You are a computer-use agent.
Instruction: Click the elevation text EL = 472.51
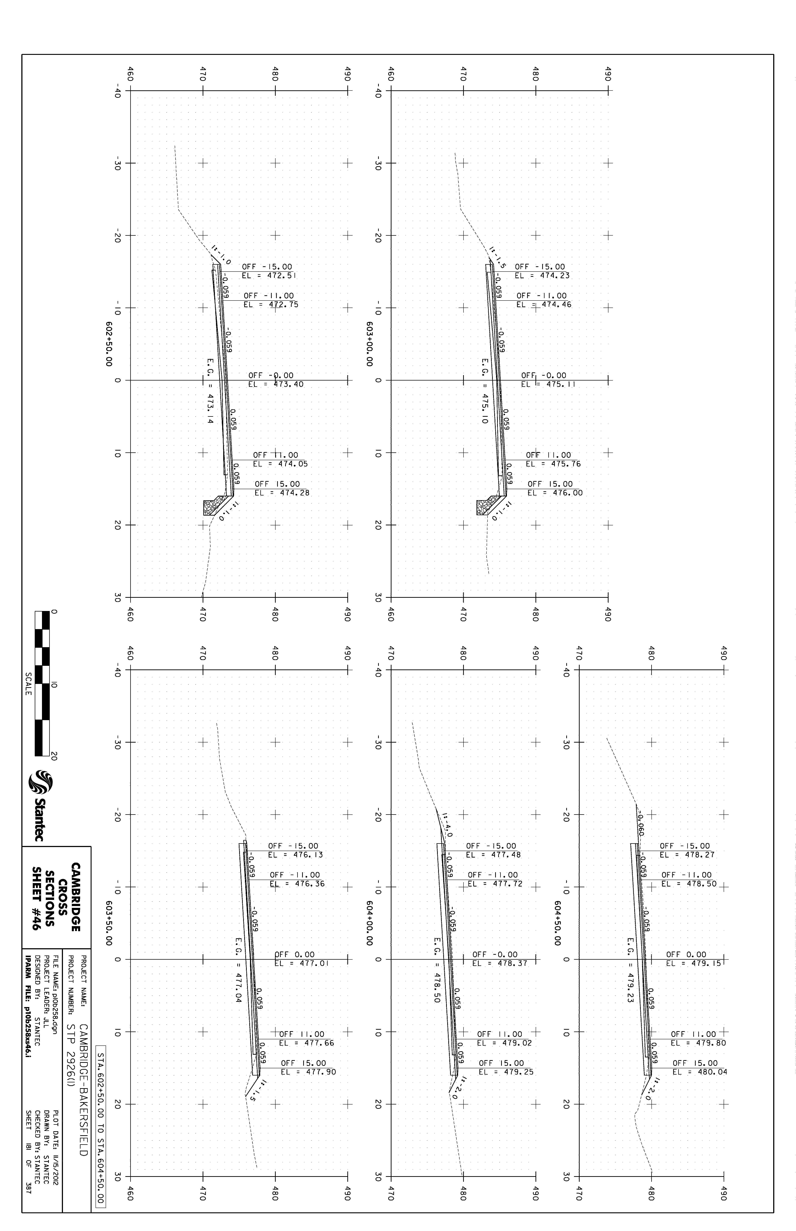coord(269,276)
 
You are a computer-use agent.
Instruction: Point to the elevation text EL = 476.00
coord(555,493)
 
